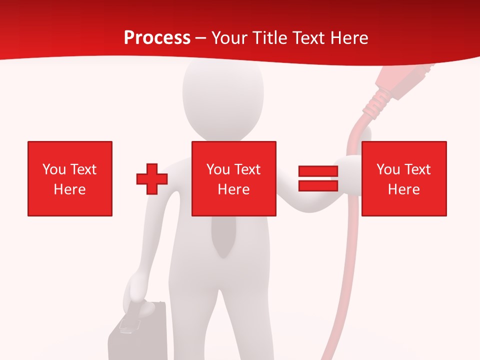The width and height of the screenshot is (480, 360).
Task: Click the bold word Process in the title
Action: (157, 38)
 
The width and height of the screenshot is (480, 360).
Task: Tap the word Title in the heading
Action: (268, 38)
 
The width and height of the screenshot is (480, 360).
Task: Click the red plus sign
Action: (152, 179)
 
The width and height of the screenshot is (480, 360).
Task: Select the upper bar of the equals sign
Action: (318, 171)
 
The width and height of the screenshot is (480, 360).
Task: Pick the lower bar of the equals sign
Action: (318, 185)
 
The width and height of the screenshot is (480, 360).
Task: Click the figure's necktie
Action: (223, 235)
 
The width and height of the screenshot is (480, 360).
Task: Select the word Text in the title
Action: (308, 38)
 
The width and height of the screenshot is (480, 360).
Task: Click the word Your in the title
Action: (229, 38)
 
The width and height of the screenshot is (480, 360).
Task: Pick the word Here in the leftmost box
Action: (70, 189)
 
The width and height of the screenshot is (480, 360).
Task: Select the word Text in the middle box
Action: (247, 169)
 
